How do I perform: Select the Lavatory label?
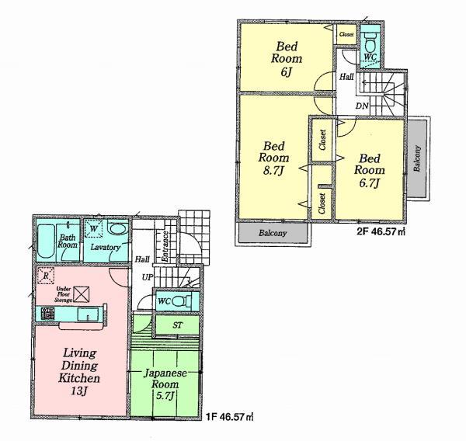[104, 247]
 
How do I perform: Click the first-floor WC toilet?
[179, 301]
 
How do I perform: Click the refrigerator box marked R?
[47, 275]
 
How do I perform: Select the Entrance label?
[165, 245]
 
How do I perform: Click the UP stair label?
[146, 277]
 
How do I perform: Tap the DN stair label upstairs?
[362, 105]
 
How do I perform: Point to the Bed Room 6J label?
[286, 58]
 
